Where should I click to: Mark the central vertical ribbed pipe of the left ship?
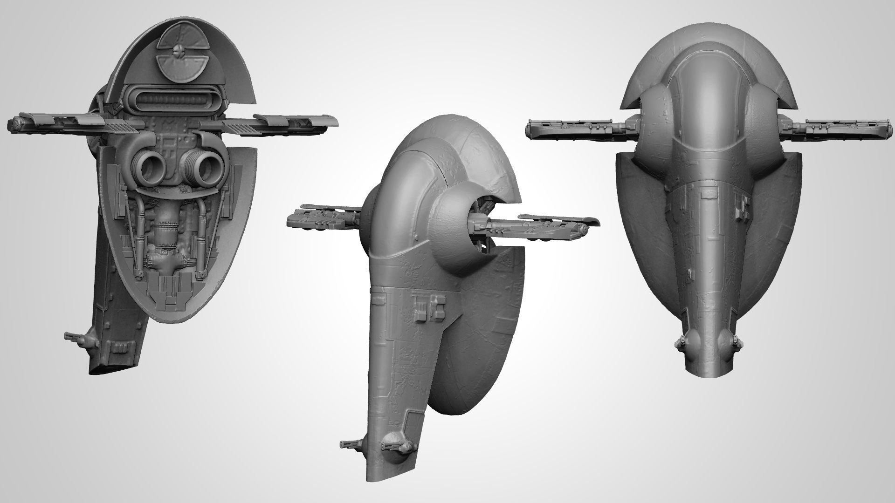click(165, 233)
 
